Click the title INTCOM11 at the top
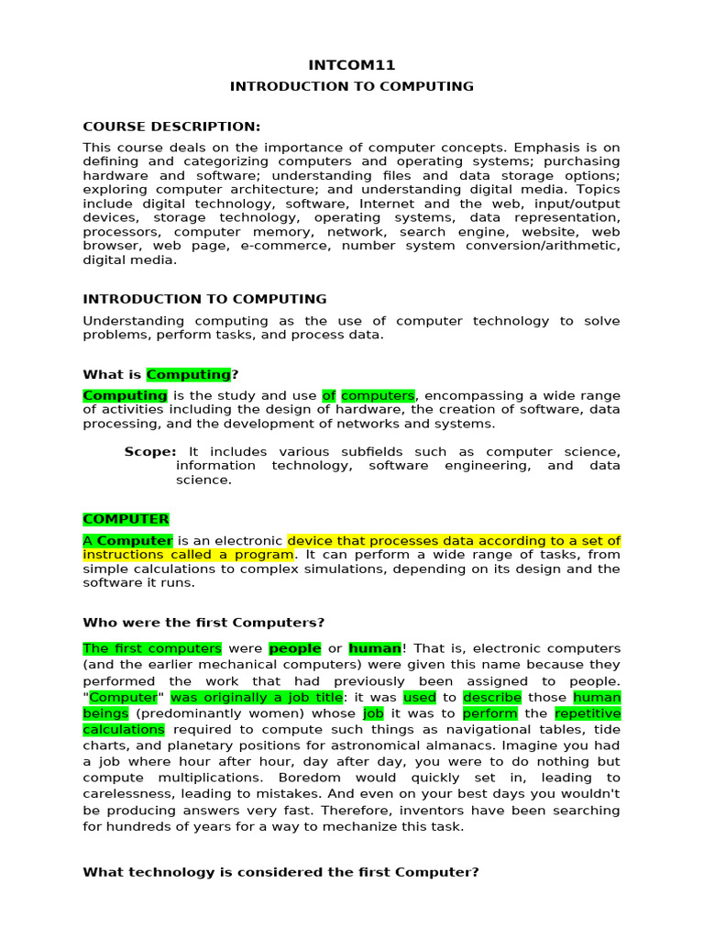tap(351, 65)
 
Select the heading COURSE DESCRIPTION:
tap(171, 127)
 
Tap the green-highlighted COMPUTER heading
tap(126, 519)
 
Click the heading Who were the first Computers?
tap(203, 623)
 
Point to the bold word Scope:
tap(150, 452)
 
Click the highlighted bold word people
tap(295, 648)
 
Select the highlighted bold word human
tap(375, 648)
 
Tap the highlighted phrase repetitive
tap(588, 713)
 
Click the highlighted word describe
tap(492, 697)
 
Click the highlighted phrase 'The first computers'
tap(152, 648)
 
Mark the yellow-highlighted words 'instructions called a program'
tap(188, 555)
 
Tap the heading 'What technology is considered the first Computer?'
tap(280, 872)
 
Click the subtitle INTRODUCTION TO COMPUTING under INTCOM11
tap(352, 86)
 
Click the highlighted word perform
tap(490, 713)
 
